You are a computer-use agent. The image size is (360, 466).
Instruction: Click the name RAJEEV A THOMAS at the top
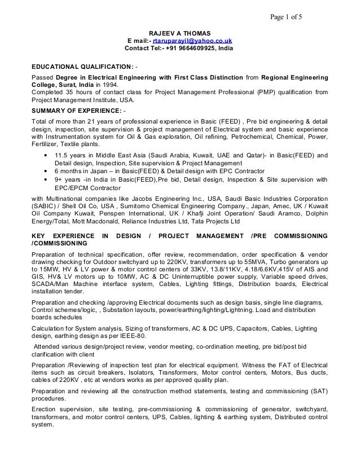pyautogui.click(x=179, y=32)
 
